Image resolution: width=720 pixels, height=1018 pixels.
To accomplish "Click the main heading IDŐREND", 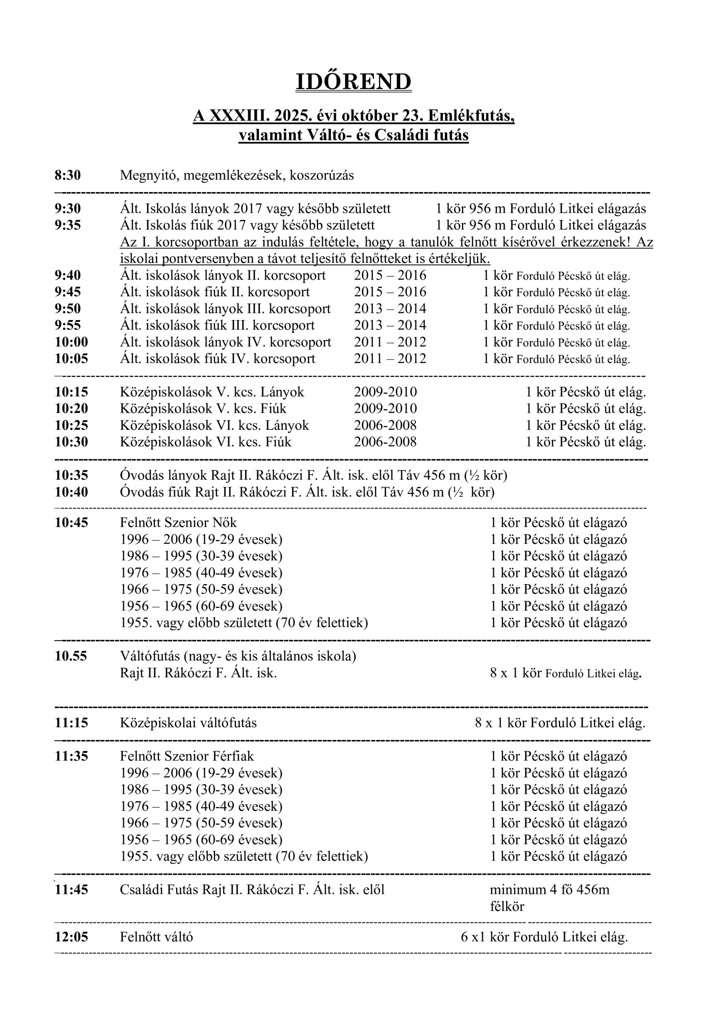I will click(353, 82).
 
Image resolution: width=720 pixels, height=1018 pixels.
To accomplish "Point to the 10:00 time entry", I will click(71, 342).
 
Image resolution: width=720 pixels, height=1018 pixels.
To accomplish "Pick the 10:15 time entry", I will click(71, 392).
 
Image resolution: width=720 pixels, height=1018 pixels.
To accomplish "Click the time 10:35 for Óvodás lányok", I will click(71, 475).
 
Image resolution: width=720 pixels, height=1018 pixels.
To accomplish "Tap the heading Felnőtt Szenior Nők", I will click(178, 523).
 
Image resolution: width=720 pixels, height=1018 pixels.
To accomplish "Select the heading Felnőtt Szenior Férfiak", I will click(186, 756).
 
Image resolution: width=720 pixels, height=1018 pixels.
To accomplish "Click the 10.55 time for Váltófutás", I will click(70, 656).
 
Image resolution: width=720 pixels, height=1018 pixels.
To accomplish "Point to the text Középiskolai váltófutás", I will click(188, 723).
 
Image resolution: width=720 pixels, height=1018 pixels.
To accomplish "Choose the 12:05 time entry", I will click(71, 937).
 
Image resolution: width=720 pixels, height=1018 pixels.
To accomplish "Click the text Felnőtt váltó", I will click(156, 937).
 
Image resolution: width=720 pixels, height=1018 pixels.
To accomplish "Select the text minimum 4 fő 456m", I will click(549, 890).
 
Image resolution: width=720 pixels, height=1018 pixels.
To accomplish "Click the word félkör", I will click(507, 907).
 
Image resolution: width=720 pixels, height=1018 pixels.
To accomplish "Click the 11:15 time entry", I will click(71, 723).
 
